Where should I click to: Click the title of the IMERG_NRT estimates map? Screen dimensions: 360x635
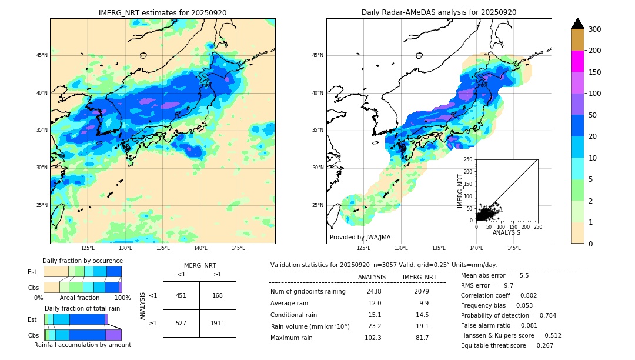coord(162,12)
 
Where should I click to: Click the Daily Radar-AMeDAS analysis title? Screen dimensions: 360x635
coord(439,12)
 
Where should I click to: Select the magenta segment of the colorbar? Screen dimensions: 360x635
coord(577,61)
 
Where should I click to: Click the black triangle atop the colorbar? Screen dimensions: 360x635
coord(577,24)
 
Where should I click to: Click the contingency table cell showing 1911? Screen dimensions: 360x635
coord(218,324)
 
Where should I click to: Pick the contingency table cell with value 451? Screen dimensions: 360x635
coord(181,295)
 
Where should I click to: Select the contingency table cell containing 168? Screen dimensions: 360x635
coord(218,295)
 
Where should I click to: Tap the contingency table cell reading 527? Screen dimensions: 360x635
coord(181,324)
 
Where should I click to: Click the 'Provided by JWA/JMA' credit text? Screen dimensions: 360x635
coord(360,238)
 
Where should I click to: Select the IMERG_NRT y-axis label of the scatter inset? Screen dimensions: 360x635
coord(461,190)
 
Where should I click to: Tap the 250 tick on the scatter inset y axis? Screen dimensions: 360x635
coord(468,159)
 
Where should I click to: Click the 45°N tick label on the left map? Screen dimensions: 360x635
coord(41,55)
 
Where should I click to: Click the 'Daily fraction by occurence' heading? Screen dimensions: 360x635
coord(82,261)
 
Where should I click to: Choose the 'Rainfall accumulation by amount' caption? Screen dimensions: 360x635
coord(82,345)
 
